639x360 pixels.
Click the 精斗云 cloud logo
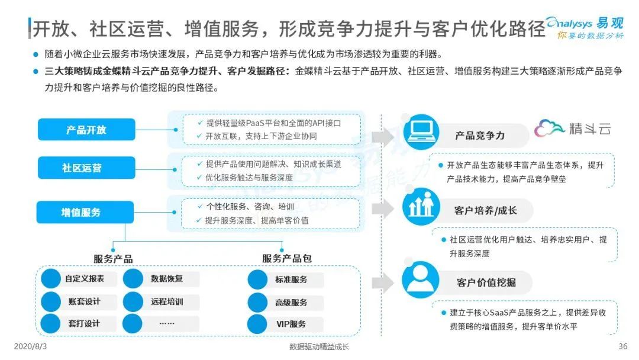572,128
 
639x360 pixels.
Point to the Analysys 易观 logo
585,27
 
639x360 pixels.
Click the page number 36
622,346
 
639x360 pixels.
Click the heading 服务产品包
286,259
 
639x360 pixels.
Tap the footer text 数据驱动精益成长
319,347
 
